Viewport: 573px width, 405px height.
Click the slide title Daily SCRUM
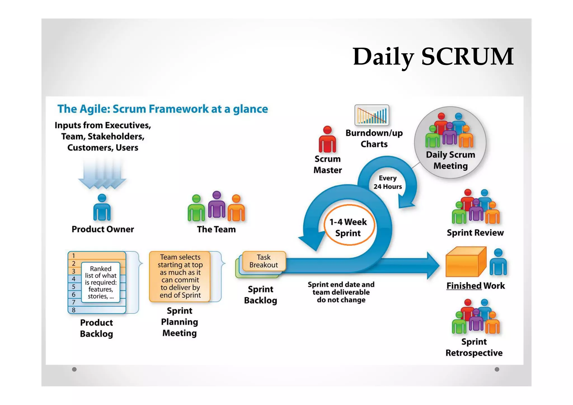433,57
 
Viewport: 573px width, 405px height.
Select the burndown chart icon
372,115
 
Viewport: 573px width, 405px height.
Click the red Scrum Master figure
327,139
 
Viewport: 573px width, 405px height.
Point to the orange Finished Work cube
465,262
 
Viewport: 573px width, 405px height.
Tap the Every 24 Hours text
388,182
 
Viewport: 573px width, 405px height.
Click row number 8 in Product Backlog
74,310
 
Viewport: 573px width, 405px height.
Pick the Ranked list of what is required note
101,282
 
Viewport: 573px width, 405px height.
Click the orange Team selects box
180,276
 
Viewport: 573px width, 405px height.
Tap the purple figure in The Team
217,205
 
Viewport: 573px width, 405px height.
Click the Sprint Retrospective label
474,347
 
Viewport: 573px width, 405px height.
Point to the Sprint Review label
475,233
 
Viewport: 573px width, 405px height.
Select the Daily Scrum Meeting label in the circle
450,160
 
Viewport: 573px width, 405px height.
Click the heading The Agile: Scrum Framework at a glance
163,109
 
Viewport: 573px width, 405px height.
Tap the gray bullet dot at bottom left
74,369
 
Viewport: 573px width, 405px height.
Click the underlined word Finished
464,286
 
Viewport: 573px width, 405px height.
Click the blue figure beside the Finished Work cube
498,262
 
